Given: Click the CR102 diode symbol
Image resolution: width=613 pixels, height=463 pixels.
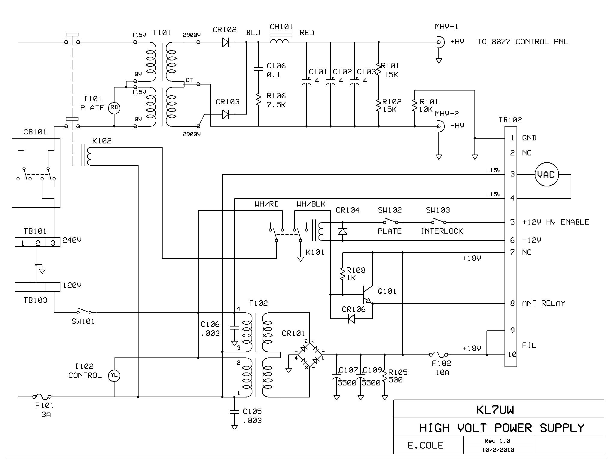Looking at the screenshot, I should point(225,42).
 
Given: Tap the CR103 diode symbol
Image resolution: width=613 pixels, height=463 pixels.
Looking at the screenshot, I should point(225,114).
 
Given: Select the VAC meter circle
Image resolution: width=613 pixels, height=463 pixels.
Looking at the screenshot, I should point(547,174).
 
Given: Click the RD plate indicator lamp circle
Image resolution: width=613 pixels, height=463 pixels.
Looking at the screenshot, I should point(114,108).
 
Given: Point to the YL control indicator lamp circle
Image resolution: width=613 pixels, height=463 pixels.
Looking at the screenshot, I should point(114,375).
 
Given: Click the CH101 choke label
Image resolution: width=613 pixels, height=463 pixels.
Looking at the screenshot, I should point(281,27).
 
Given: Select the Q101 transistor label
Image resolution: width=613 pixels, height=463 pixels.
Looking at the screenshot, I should point(387,291).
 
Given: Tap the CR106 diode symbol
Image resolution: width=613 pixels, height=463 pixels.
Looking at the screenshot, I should point(351,318).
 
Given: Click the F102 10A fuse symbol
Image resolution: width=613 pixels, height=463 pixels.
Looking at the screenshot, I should point(438,355).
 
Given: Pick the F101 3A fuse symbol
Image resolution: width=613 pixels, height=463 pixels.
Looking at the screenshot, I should point(42,397).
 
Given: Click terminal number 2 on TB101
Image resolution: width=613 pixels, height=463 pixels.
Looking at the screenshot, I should point(38,242).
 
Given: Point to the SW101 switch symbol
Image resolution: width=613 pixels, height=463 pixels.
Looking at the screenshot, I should point(84,311).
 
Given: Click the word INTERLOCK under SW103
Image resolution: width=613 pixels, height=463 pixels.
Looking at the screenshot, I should point(442,231).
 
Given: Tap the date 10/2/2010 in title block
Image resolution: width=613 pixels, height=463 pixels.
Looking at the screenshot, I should point(499,450).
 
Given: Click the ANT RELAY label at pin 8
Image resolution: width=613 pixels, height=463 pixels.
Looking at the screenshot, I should point(543,303).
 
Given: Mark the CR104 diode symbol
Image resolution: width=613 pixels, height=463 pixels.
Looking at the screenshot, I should point(343,231).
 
